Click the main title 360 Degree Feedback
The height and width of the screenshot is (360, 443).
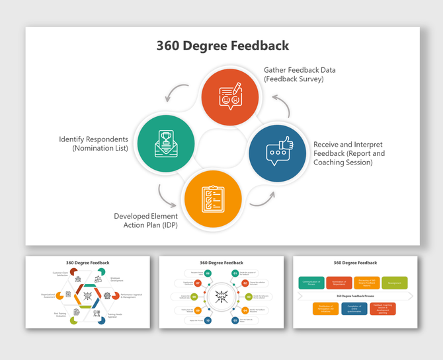coord(222,46)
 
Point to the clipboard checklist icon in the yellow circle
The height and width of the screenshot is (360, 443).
coord(213,198)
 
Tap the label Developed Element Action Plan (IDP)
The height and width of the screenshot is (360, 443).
coord(145,221)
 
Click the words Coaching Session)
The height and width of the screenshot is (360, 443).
coord(344,162)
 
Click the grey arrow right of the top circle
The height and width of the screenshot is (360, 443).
coord(282,104)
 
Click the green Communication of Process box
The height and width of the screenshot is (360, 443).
coord(311,283)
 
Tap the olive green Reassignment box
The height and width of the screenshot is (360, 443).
coord(394,283)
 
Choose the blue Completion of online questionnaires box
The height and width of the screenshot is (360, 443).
coord(354,308)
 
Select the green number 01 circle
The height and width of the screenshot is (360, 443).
coord(235,273)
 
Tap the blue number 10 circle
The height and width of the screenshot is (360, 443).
coord(208,320)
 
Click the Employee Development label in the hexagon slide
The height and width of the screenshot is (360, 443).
coord(116,279)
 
